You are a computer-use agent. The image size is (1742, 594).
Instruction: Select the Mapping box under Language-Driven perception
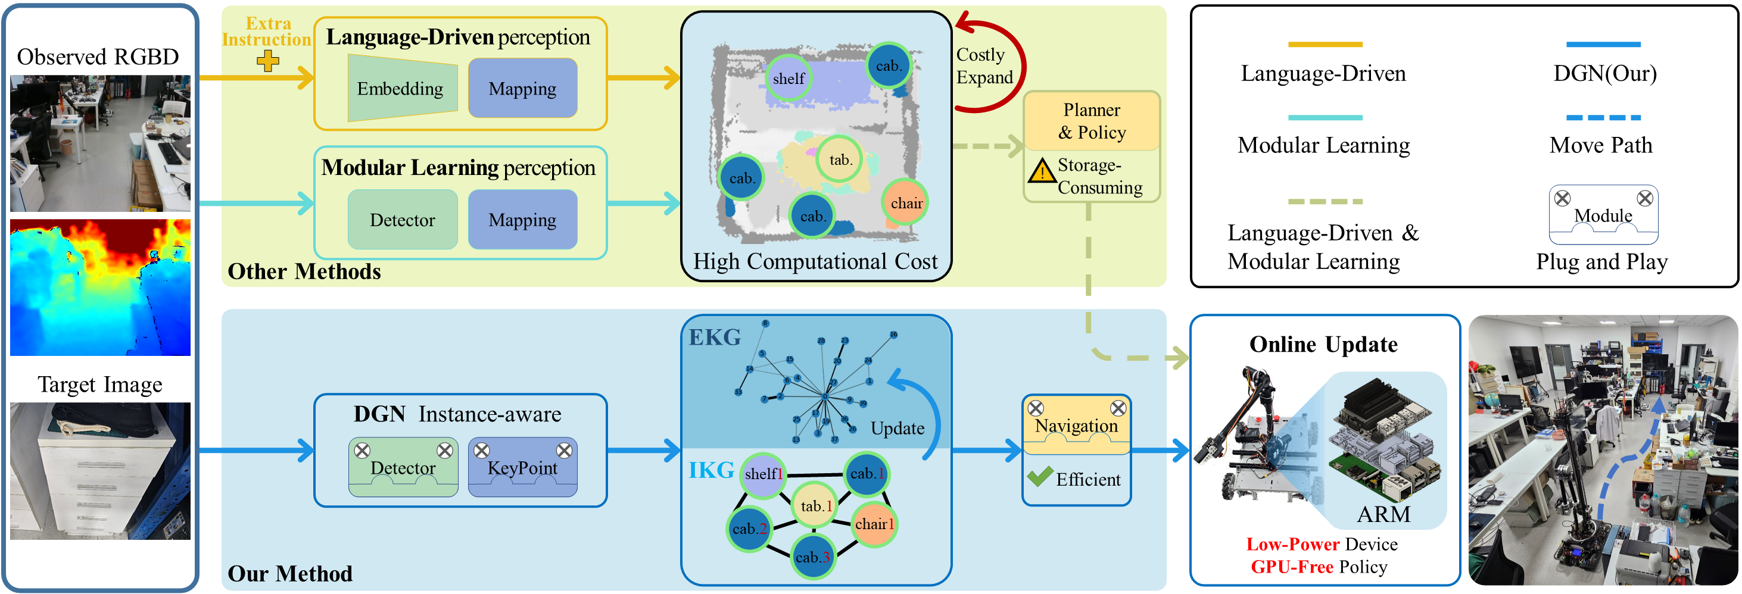click(x=522, y=89)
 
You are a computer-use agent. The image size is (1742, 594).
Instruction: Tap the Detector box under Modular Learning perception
click(x=403, y=220)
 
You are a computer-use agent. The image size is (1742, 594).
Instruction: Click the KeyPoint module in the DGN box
click(x=522, y=468)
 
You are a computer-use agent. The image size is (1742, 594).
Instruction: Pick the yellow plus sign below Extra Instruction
click(x=268, y=61)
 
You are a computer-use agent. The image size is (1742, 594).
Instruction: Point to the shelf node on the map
click(x=788, y=79)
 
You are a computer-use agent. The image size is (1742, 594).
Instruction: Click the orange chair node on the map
click(x=905, y=203)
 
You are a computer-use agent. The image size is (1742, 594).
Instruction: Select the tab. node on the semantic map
click(x=840, y=160)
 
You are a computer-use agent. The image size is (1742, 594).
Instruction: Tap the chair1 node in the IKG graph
click(x=874, y=524)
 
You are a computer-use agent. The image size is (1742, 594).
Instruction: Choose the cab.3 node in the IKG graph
click(x=812, y=557)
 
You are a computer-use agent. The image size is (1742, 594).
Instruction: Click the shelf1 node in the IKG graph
click(x=763, y=474)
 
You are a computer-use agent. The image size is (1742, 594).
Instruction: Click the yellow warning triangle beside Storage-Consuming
click(x=1042, y=171)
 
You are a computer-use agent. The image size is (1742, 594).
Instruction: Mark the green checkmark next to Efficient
click(x=1039, y=477)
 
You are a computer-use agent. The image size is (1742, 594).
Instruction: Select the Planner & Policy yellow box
click(x=1092, y=121)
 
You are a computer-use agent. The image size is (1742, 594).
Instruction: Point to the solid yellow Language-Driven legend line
click(x=1324, y=45)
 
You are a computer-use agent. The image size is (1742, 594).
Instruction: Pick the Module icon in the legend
click(x=1603, y=214)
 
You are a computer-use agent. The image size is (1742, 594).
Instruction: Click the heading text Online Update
click(x=1323, y=345)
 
